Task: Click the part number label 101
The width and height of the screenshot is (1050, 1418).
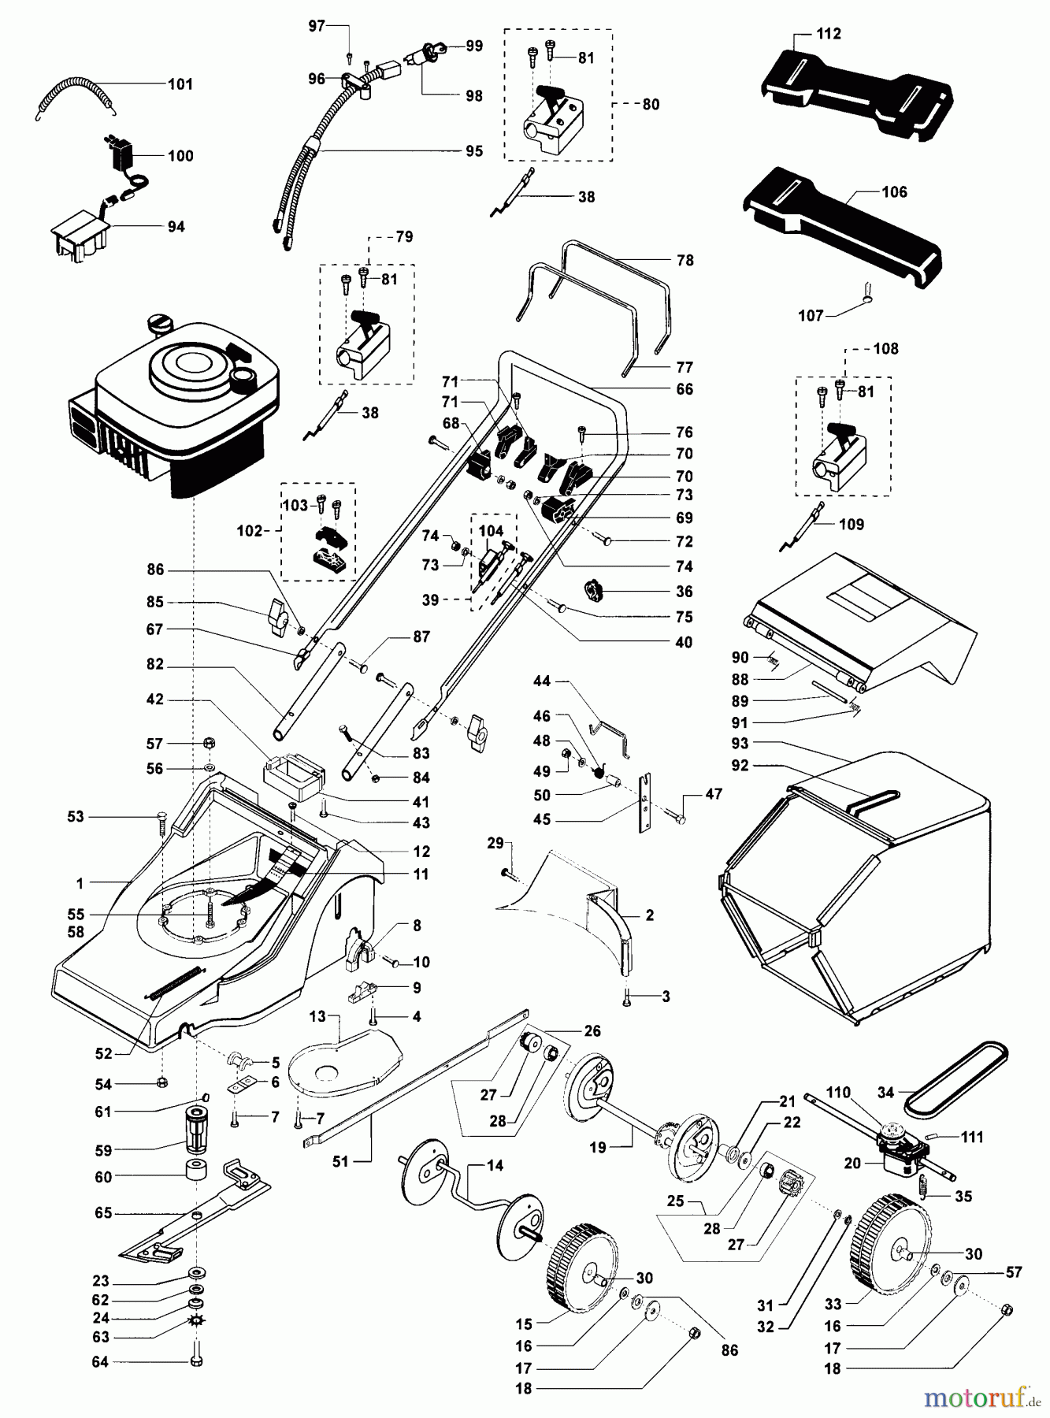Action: click(180, 84)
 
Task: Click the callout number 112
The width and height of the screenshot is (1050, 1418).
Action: click(829, 34)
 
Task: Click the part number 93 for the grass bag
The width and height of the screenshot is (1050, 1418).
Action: click(740, 743)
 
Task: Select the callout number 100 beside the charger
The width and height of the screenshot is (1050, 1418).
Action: click(180, 156)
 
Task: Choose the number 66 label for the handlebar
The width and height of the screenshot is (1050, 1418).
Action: click(685, 389)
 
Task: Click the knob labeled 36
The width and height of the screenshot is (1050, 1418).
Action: click(596, 589)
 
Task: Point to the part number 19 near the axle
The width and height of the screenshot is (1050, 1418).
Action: click(598, 1147)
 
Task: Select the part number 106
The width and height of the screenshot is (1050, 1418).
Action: click(895, 191)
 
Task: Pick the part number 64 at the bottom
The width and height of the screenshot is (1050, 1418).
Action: click(100, 1361)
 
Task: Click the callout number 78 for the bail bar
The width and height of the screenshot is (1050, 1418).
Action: click(685, 260)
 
